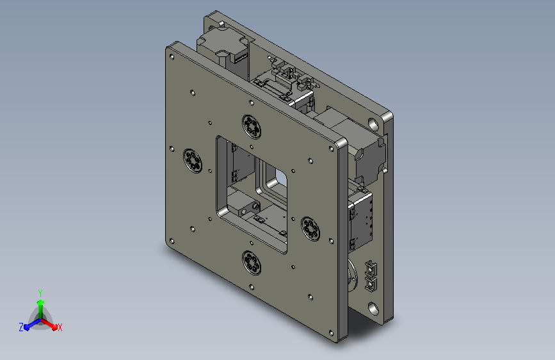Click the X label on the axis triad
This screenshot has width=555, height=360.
pos(60,328)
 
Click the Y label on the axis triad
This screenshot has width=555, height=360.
pos(40,293)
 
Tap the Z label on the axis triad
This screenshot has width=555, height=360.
pos(21,327)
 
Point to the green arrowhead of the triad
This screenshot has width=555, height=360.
pos(41,302)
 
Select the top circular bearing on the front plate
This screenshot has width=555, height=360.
pos(252,126)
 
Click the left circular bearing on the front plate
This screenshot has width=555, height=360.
pos(193,161)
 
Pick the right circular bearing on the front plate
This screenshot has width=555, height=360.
pos(310,229)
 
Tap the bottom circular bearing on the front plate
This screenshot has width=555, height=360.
pos(252,263)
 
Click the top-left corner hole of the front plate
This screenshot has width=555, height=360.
pos(172,57)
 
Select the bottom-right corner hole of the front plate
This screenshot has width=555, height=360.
pos(331,332)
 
